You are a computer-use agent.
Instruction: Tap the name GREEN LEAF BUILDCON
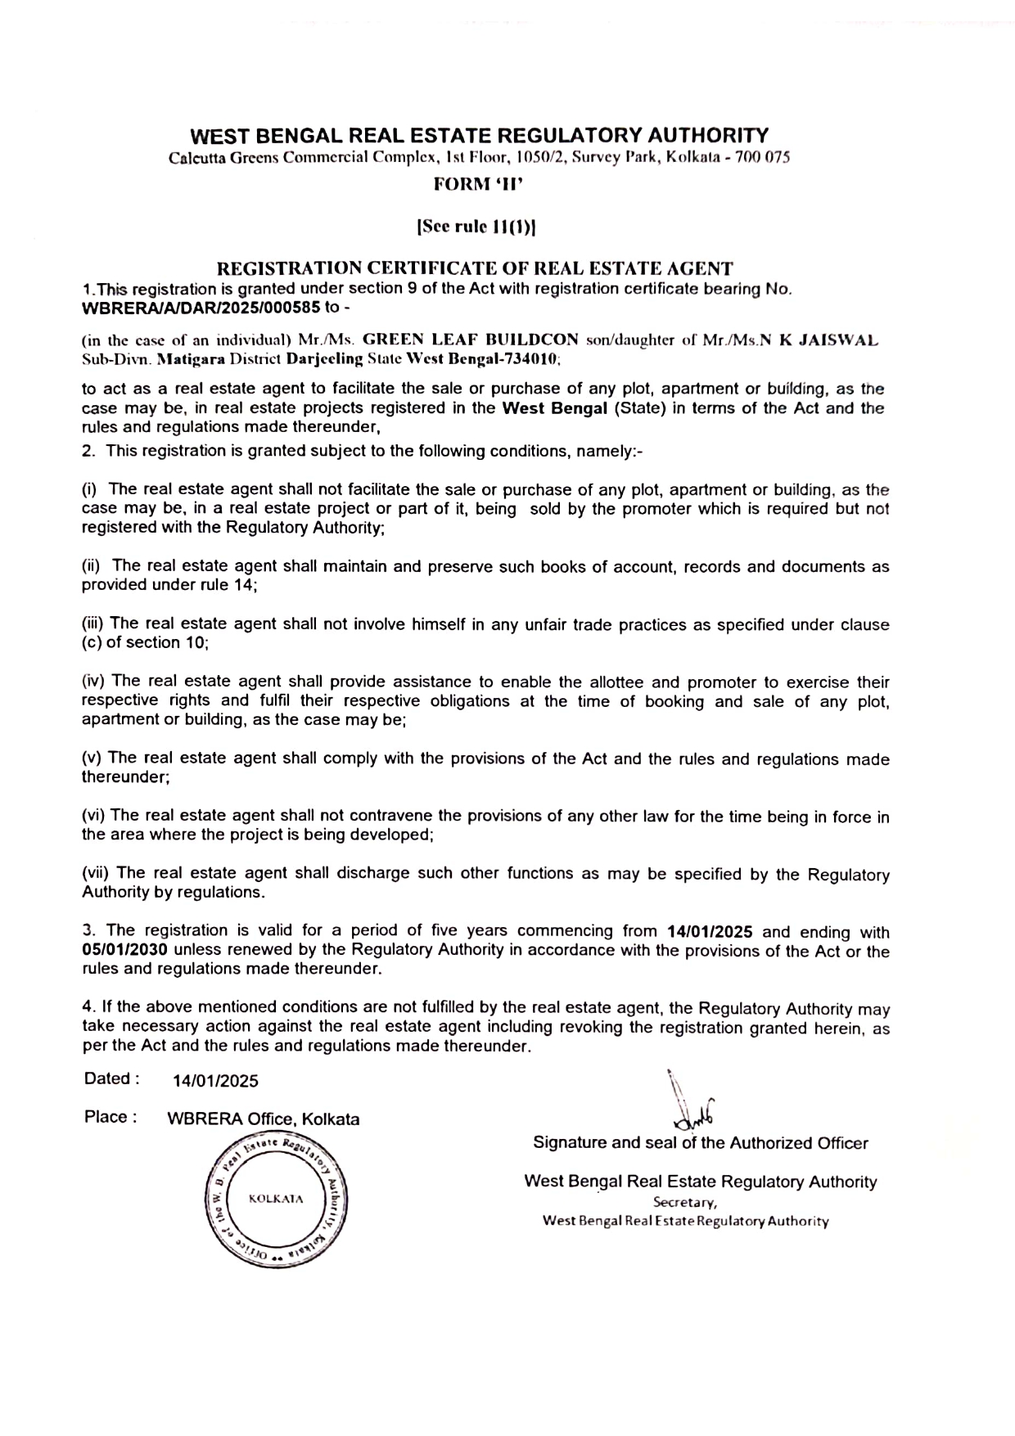coord(471,340)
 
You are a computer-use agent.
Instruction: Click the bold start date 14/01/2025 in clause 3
coord(710,931)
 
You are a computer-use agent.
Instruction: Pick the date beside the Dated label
coord(215,1081)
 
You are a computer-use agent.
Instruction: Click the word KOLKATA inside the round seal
coord(276,1199)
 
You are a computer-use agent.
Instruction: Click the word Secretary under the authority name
coord(685,1203)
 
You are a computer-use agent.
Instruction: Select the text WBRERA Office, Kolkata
coord(263,1119)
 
